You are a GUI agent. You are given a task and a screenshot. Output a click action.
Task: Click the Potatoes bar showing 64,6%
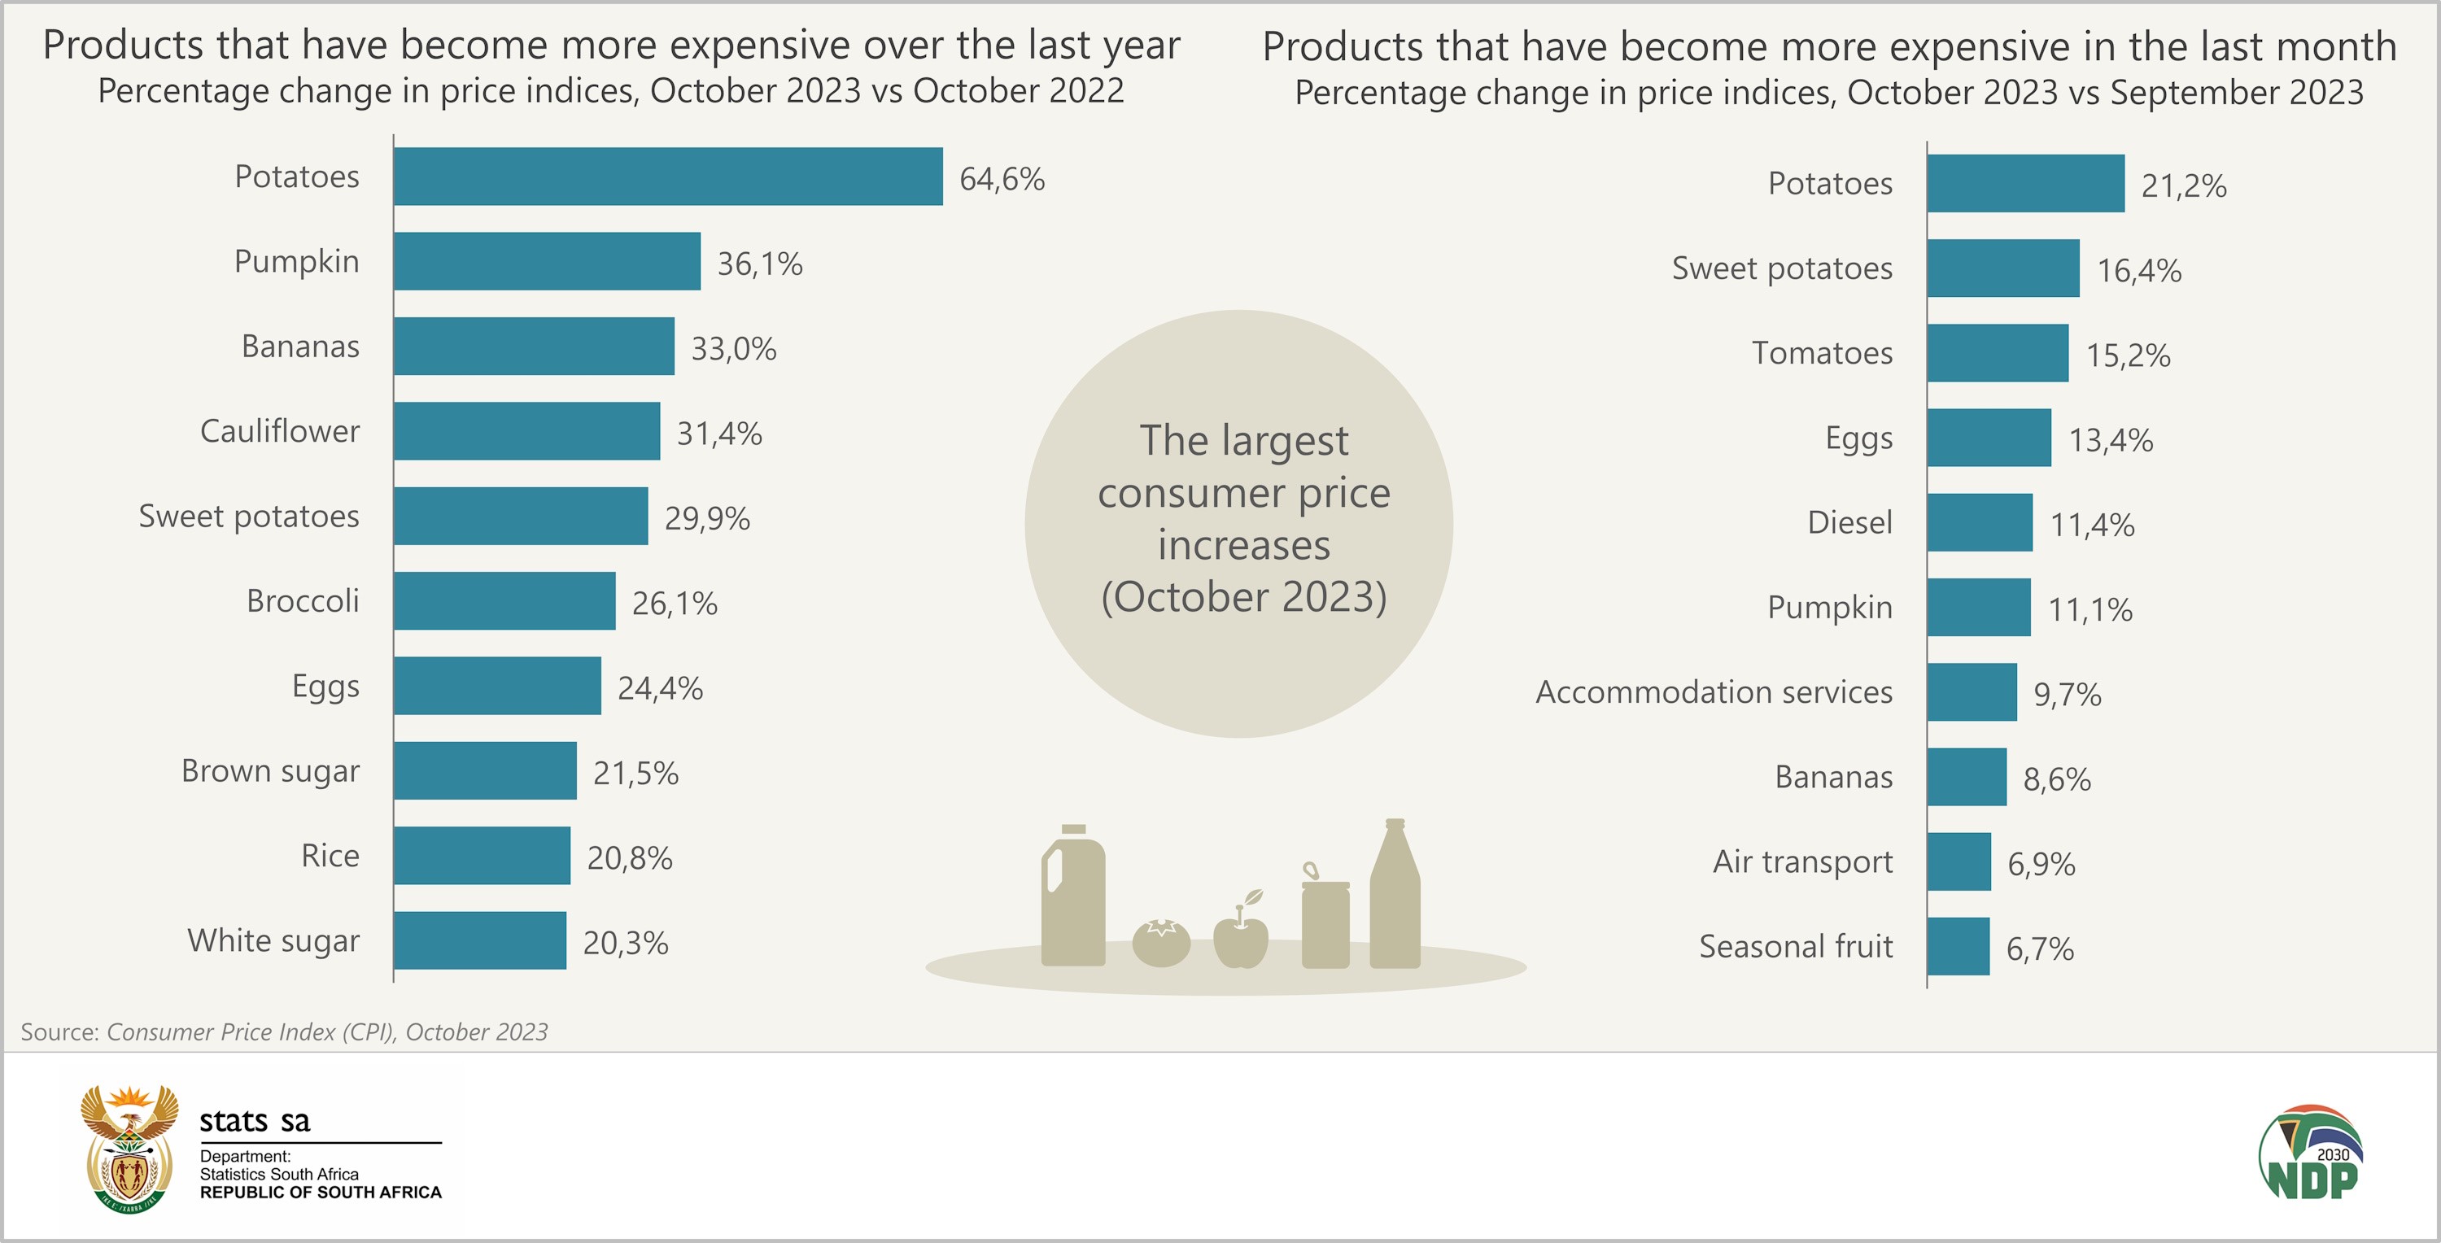pyautogui.click(x=668, y=177)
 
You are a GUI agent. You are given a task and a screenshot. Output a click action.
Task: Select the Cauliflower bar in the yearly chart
pyautogui.click(x=527, y=431)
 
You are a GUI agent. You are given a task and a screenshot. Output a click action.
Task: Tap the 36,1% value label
pyautogui.click(x=759, y=264)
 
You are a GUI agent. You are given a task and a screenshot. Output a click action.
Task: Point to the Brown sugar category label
pyautogui.click(x=270, y=771)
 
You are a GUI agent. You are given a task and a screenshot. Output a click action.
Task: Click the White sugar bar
pyautogui.click(x=479, y=940)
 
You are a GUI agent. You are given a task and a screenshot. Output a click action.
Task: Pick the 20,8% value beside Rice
pyautogui.click(x=629, y=858)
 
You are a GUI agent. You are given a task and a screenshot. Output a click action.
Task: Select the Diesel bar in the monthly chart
pyautogui.click(x=1980, y=522)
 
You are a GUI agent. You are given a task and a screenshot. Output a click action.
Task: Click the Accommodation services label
pyautogui.click(x=1714, y=692)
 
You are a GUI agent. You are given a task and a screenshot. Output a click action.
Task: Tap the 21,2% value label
pyautogui.click(x=2183, y=185)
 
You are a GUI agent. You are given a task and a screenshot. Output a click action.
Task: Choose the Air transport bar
pyautogui.click(x=1958, y=862)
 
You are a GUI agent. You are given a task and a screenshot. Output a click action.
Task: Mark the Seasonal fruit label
pyautogui.click(x=1796, y=946)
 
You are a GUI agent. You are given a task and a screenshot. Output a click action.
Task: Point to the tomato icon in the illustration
pyautogui.click(x=1161, y=943)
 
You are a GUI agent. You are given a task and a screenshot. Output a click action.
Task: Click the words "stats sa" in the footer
pyautogui.click(x=255, y=1121)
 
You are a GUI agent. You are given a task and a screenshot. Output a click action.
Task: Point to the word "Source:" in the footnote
pyautogui.click(x=59, y=1031)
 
